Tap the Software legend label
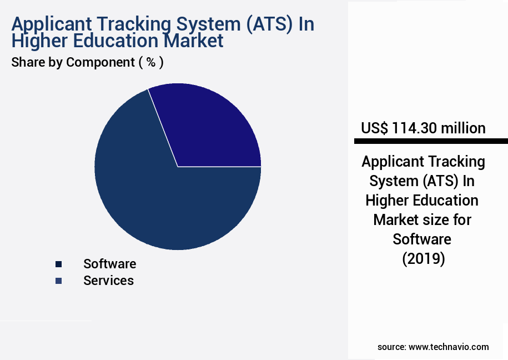(x=109, y=264)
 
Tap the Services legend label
(x=108, y=281)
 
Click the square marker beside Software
(x=58, y=264)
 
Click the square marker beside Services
(x=58, y=281)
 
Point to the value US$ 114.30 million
(x=423, y=128)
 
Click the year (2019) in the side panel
(x=423, y=258)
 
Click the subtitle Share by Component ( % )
(x=87, y=62)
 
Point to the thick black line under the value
(x=430, y=141)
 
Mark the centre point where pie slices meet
(x=178, y=166)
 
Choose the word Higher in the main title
(x=38, y=41)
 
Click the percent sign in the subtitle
(x=150, y=62)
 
